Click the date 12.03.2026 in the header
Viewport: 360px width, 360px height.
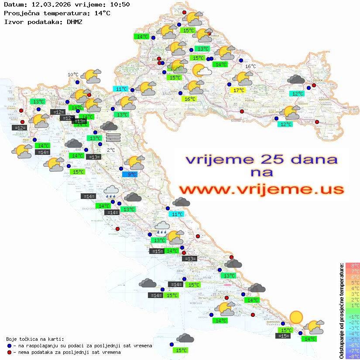pos(47,5)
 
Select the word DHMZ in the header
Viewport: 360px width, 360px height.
pos(75,21)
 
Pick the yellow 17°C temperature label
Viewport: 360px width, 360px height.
pos(239,90)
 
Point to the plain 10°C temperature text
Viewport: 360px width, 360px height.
pos(73,75)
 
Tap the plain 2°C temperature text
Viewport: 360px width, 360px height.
pos(111,150)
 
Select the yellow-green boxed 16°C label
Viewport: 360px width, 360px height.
pos(190,99)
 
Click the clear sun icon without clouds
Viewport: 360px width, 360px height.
pos(296,317)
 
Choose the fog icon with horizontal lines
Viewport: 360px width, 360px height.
pos(113,137)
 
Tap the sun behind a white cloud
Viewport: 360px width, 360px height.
pos(201,70)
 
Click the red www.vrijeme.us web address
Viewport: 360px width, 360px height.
pos(261,189)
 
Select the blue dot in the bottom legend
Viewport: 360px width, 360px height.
pos(10,346)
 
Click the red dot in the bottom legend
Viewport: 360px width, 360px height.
pos(10,352)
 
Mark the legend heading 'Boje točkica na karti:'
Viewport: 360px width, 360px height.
pos(35,339)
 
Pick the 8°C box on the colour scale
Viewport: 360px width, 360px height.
pos(353,266)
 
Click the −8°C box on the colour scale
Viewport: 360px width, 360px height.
pos(353,356)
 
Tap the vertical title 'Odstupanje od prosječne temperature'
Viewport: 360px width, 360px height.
pos(342,311)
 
